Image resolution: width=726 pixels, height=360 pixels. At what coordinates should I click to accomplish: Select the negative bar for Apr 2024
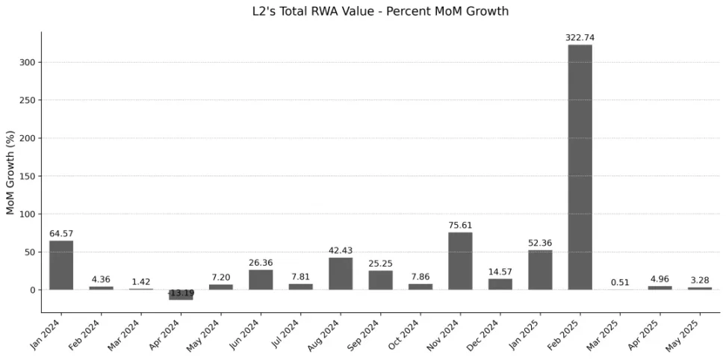(x=181, y=295)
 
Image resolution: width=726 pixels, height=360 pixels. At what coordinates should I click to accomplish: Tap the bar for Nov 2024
(x=460, y=261)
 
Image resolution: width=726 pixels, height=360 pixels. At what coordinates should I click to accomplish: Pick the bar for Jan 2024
(x=61, y=265)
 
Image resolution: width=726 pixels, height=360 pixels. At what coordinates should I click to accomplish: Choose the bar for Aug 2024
(x=341, y=273)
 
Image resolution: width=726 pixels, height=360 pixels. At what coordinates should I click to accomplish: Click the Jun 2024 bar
(x=261, y=279)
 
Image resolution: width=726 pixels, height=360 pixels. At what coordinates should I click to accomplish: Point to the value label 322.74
(x=580, y=37)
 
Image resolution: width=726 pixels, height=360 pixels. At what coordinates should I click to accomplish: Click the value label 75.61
(x=460, y=225)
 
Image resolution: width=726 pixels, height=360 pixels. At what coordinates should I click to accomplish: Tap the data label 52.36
(x=540, y=243)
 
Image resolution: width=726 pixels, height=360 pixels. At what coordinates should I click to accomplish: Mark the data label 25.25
(x=380, y=264)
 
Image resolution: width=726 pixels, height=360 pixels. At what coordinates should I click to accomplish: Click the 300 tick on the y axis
(x=28, y=62)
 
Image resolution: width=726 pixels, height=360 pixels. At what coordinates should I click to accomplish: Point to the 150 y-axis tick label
(x=28, y=176)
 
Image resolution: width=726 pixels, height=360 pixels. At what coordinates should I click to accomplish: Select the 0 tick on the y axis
(x=33, y=290)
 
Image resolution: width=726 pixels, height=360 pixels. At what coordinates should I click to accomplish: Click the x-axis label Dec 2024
(x=489, y=334)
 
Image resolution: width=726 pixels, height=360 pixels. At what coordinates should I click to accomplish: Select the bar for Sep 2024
(x=380, y=280)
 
